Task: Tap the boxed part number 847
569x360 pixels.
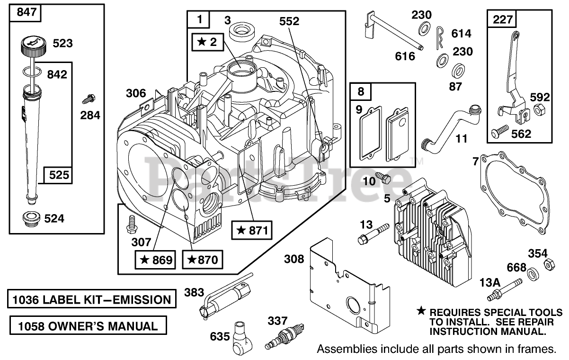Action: pyautogui.click(x=26, y=13)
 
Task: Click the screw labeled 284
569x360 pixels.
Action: pyautogui.click(x=87, y=99)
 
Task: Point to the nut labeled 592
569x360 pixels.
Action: pyautogui.click(x=538, y=110)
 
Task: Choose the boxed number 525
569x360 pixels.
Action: pyautogui.click(x=58, y=176)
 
